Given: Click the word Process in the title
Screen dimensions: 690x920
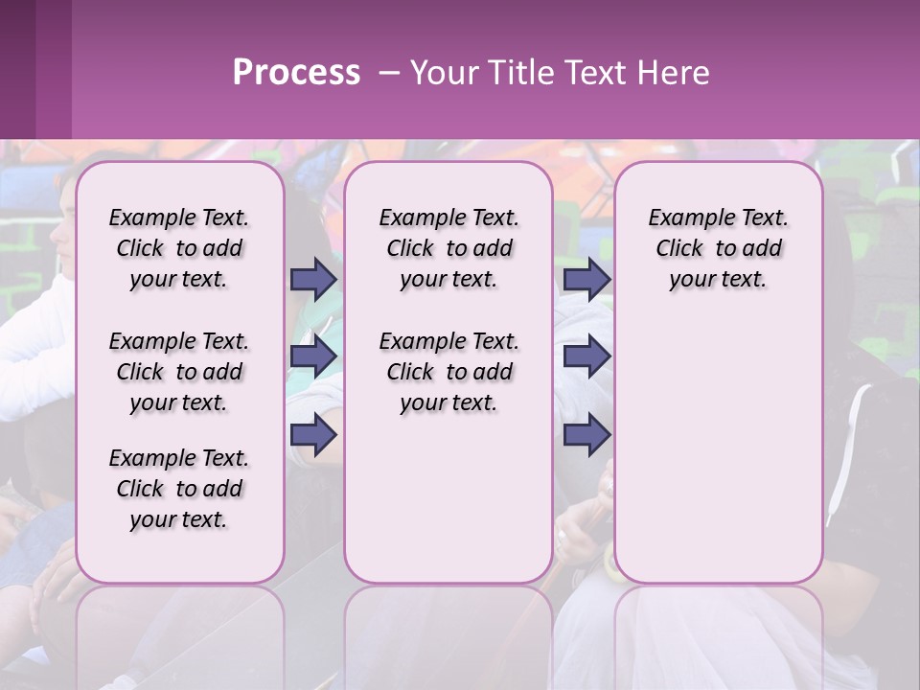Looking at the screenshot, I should click(x=296, y=73).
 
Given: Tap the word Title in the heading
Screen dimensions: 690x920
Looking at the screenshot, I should click(x=517, y=73).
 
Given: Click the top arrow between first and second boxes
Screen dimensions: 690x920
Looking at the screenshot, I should click(x=313, y=279).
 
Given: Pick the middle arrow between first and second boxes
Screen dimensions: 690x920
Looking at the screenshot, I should click(x=313, y=356).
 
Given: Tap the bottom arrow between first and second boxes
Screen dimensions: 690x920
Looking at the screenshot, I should click(x=313, y=434).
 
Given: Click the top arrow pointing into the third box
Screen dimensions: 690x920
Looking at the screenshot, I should click(x=586, y=279).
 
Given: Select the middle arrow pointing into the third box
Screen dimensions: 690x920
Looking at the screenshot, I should click(x=586, y=356).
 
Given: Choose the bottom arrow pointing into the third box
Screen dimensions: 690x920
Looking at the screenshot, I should click(x=586, y=434).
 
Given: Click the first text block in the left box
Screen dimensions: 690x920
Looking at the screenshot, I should click(x=179, y=248).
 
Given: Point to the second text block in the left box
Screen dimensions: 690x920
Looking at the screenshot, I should click(x=179, y=372).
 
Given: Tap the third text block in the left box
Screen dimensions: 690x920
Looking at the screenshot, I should click(x=179, y=489).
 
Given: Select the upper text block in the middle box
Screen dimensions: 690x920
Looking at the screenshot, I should click(x=448, y=248).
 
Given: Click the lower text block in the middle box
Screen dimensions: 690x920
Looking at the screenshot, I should click(x=448, y=372).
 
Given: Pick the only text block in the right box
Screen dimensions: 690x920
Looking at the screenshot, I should click(x=718, y=248).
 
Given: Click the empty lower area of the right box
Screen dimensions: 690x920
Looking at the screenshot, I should click(x=718, y=450).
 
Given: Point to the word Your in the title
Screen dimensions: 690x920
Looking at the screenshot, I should click(x=445, y=73).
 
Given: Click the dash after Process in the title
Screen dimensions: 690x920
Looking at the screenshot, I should click(x=390, y=73).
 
